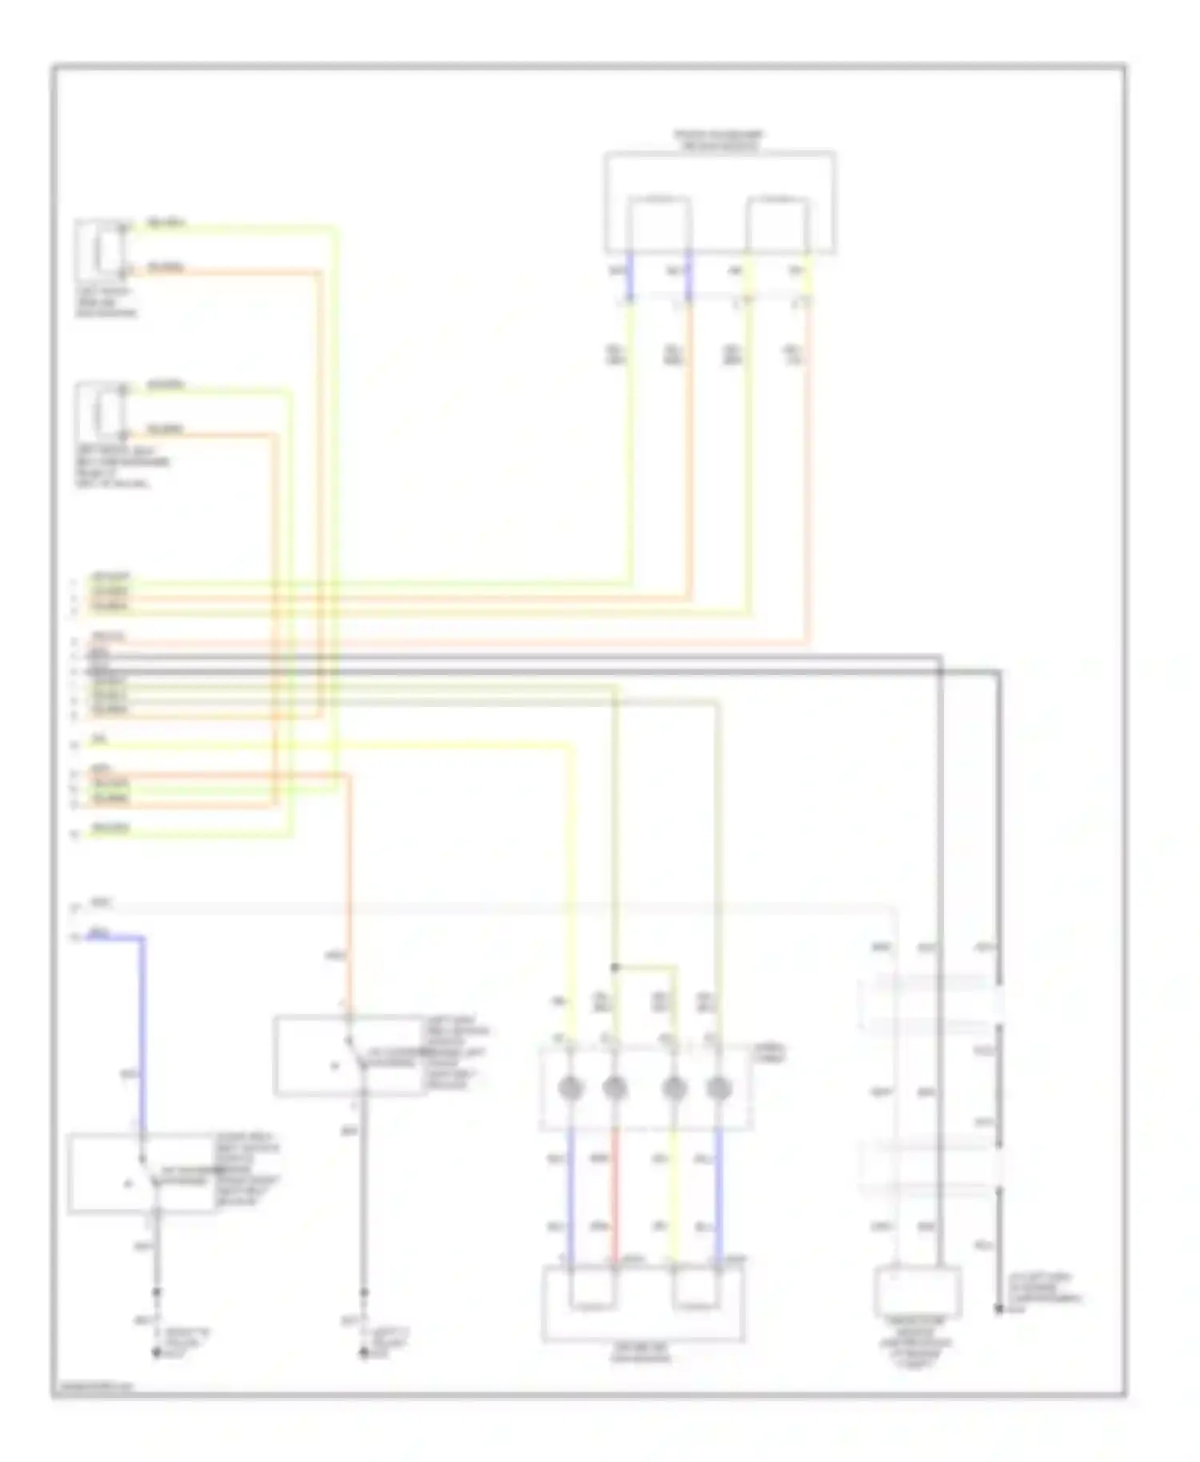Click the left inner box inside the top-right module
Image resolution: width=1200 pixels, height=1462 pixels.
pos(658,225)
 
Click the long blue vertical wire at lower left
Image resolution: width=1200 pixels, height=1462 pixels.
pos(144,1032)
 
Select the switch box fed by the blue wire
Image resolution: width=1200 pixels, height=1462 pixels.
pos(142,1172)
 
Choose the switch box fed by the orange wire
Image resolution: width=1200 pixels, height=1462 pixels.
pos(349,1055)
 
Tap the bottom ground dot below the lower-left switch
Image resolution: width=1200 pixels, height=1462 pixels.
pos(157,1353)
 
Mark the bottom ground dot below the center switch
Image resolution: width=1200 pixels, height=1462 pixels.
pos(364,1353)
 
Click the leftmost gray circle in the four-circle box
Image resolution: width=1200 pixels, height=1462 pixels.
pos(570,1088)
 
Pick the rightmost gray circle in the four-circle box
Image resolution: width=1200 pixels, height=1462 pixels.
pos(719,1088)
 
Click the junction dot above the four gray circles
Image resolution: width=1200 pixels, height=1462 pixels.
pos(614,967)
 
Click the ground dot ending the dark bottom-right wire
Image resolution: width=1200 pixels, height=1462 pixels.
pos(998,1309)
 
